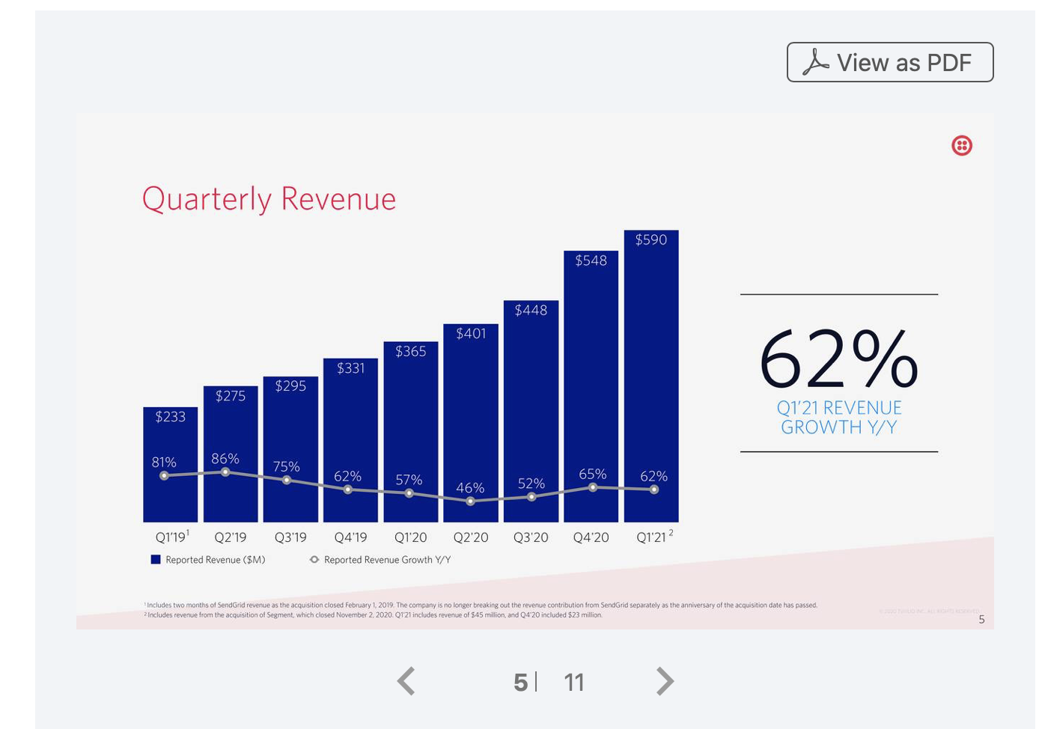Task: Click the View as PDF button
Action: [889, 62]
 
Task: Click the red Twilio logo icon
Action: [961, 146]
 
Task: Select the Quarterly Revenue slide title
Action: [269, 199]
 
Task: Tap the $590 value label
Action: [651, 240]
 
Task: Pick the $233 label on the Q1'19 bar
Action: [170, 417]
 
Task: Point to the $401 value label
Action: [471, 333]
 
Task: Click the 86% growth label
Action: [225, 458]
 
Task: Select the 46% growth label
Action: [470, 488]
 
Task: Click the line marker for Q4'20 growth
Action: [593, 487]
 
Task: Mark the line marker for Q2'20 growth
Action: [470, 501]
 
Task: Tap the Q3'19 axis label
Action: [290, 537]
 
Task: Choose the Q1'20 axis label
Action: [410, 537]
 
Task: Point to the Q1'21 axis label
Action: [652, 537]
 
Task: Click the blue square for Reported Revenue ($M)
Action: [156, 559]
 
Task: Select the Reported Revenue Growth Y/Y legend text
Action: [387, 560]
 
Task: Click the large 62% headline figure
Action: [838, 360]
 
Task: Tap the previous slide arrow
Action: [406, 681]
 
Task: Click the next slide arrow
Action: [665, 681]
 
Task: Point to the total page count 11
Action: [574, 682]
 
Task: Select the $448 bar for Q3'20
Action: [531, 412]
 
